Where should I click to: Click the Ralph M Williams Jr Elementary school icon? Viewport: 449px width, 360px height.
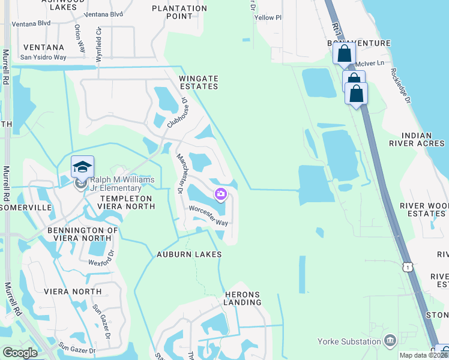coord(82,167)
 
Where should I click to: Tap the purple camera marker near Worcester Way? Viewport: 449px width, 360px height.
coord(221,193)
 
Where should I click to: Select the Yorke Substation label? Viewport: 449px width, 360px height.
coord(350,341)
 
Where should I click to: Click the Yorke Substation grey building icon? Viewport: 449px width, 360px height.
coord(391,341)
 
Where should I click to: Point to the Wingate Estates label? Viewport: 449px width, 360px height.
coord(198,82)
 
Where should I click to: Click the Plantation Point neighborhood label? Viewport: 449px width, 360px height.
coord(179,13)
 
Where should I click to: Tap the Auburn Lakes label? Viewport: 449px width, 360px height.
coord(190,254)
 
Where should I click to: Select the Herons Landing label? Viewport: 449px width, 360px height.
coord(243,298)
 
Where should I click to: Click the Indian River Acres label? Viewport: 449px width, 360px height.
coord(424,139)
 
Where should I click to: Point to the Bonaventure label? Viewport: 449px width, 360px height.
coord(359,43)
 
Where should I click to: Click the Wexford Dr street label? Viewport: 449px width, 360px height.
coord(100,261)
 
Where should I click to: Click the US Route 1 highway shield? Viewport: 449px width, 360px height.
coord(408,267)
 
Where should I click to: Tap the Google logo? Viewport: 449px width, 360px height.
coord(19,353)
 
